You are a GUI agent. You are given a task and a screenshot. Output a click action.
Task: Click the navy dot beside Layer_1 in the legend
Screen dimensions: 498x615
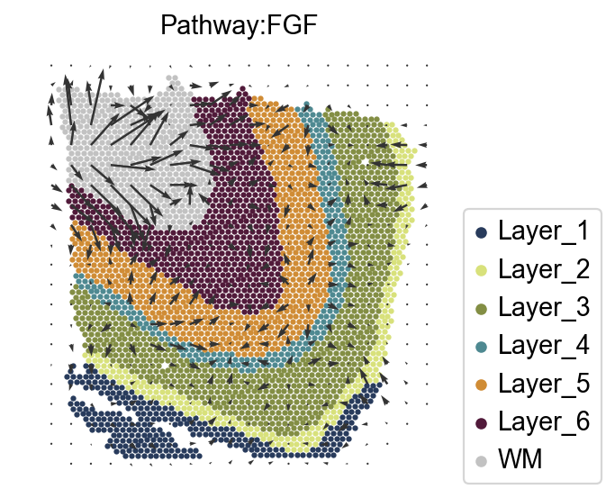(481, 232)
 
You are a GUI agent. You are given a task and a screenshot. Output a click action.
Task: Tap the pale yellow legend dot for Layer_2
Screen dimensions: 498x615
(481, 270)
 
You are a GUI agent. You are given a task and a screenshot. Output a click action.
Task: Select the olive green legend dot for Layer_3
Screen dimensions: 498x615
(481, 308)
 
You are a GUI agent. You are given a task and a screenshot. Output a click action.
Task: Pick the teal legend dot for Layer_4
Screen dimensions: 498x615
(481, 346)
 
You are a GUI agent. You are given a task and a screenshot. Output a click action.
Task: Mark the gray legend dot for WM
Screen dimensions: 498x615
(481, 460)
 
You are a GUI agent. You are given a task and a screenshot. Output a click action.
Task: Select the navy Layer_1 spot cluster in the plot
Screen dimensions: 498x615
(135, 423)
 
